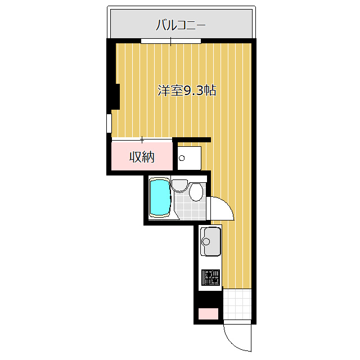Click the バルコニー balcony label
181,25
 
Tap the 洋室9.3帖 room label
187,91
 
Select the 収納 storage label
142,157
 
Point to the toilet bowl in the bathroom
195,192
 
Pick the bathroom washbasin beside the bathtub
180,185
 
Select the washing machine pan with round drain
189,157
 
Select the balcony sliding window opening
171,40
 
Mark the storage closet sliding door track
142,139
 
